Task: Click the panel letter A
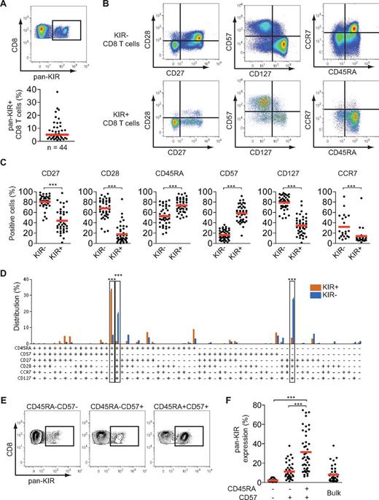click(x=6, y=5)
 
